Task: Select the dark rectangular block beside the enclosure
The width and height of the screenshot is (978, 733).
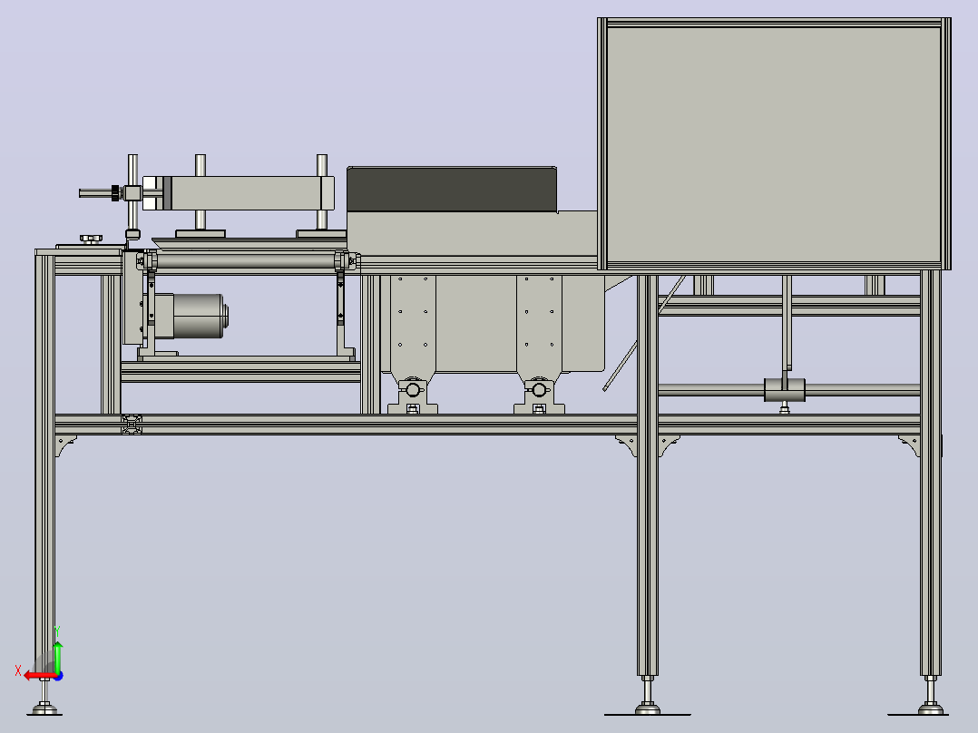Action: (x=452, y=189)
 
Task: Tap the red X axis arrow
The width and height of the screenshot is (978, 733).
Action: (x=40, y=676)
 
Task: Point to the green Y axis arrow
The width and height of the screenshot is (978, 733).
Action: (x=57, y=657)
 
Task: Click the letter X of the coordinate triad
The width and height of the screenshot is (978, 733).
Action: (x=18, y=671)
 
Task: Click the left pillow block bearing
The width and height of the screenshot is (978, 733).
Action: (x=412, y=395)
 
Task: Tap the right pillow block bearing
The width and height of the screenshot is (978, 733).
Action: (x=539, y=395)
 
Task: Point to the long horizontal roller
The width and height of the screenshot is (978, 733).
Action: (x=246, y=260)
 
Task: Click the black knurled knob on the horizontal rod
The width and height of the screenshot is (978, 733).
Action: (x=115, y=192)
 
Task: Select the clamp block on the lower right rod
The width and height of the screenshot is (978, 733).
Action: (x=785, y=390)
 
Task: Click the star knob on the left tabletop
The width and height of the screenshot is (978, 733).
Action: (x=91, y=239)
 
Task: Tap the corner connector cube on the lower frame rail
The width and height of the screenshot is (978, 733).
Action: (x=132, y=425)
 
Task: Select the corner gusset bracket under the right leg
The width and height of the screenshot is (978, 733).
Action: (x=908, y=445)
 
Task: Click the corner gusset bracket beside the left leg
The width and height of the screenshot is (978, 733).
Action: (x=65, y=445)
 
